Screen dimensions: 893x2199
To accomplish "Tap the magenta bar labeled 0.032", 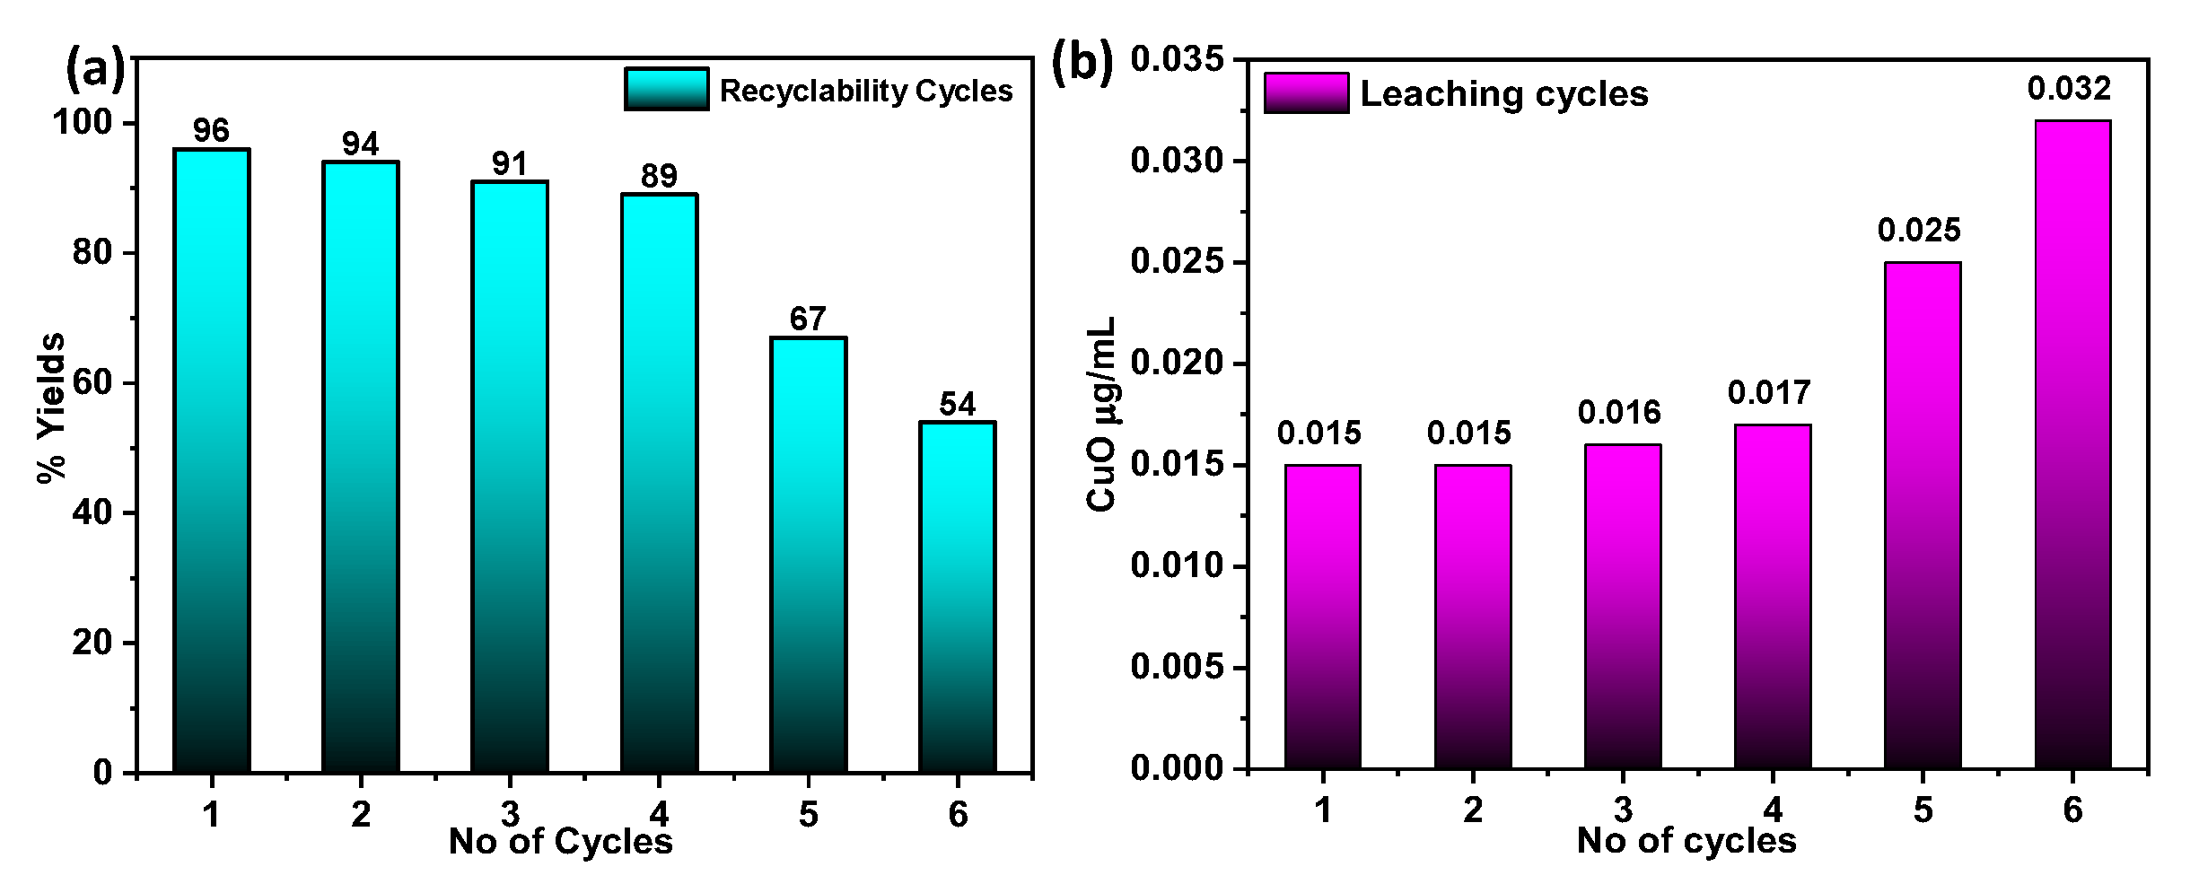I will coord(2072,444).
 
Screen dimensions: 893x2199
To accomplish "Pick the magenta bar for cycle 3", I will coord(1622,607).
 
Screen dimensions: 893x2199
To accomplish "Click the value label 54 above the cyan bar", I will coord(957,405).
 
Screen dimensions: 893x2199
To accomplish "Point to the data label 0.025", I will coord(1919,231).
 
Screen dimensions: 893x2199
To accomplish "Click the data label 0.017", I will coord(1769,393).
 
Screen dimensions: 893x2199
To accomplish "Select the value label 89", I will coord(659,176).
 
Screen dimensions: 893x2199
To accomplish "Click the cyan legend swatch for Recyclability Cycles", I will coord(667,90).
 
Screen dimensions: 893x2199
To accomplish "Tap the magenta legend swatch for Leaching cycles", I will coord(1306,93).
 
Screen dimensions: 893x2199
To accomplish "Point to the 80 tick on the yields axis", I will coord(92,252).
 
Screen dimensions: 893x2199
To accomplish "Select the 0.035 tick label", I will coord(1177,59).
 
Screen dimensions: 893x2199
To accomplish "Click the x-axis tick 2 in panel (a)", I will coord(360,814).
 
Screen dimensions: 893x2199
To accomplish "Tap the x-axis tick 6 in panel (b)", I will coord(2072,810).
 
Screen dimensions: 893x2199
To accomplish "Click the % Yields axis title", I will coord(52,407).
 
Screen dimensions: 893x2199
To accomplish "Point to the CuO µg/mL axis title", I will coord(1100,414).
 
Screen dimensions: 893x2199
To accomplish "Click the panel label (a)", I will coord(94,68).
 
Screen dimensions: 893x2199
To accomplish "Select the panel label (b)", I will coord(1081,63).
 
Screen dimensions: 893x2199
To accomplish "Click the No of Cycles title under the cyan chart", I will coord(560,842).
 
